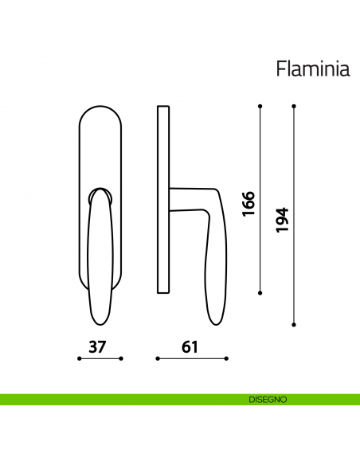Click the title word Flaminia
[313, 69]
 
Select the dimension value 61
[189, 347]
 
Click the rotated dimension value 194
[281, 219]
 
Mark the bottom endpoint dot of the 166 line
[262, 292]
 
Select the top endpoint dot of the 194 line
[294, 106]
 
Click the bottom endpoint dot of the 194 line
[294, 324]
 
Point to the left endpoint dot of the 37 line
[79, 359]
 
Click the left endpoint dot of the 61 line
[157, 359]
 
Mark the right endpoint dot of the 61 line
[224, 359]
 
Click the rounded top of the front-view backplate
[100, 107]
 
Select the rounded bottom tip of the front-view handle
[100, 320]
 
